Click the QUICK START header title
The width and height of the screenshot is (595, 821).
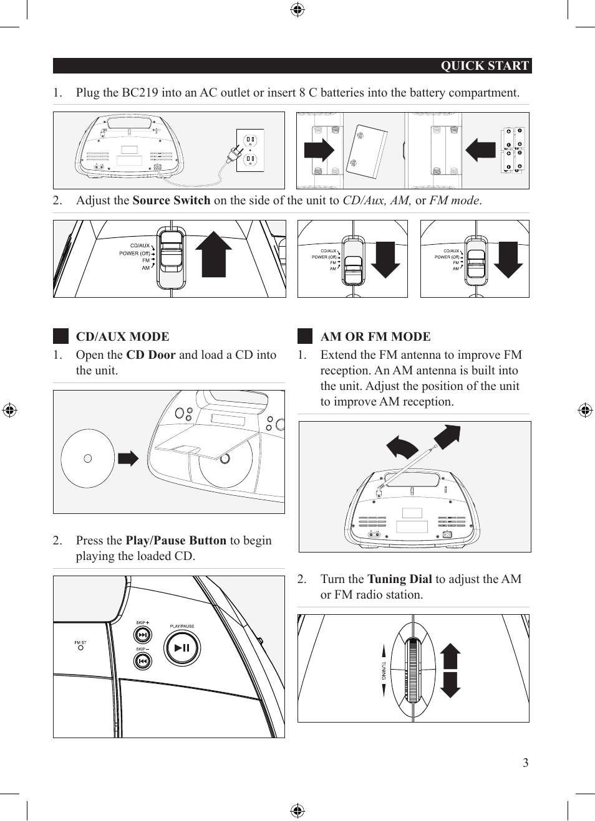[485, 66]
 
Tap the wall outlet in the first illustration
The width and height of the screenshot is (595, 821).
[250, 150]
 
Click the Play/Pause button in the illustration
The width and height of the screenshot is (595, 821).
[181, 648]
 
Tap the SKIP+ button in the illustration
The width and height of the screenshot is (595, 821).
[143, 635]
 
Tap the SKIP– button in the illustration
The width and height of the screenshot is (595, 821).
[143, 660]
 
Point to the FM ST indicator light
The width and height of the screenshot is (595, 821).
[80, 648]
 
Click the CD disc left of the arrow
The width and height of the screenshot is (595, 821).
[88, 458]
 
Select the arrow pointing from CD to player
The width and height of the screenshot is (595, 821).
[128, 459]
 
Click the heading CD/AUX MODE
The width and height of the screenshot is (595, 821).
[122, 336]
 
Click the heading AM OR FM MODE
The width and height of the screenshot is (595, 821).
[375, 336]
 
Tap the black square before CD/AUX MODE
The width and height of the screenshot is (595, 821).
[60, 336]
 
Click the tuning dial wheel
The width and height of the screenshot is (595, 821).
[412, 670]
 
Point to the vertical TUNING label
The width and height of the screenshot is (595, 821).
[384, 670]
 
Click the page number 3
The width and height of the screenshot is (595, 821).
[525, 762]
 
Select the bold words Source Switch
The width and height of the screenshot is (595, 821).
[172, 201]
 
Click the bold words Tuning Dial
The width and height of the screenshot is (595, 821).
[399, 579]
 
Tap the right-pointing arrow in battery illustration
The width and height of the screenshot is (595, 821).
[319, 150]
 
